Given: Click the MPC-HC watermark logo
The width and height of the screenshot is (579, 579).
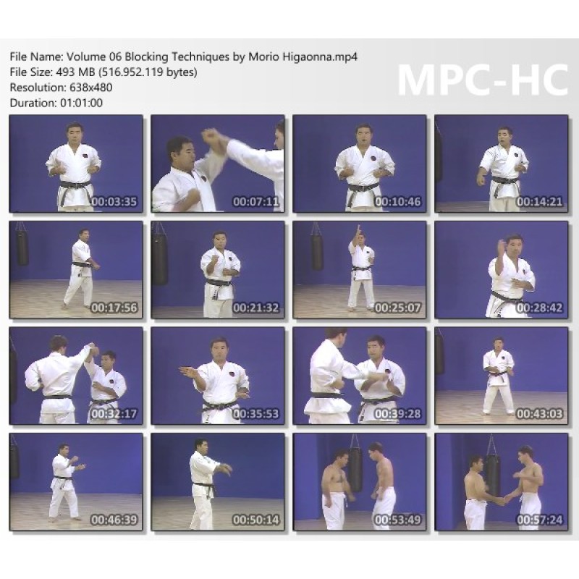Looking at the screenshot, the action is coord(483,80).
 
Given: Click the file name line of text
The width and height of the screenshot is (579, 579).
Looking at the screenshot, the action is coord(184,57).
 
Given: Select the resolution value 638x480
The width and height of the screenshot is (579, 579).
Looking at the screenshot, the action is coord(91,88).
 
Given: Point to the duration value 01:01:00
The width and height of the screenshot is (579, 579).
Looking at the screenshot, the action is coord(81,103).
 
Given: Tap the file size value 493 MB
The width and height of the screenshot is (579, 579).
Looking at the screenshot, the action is coord(75,72).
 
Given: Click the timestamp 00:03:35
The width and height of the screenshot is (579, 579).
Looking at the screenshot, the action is coord(114,202).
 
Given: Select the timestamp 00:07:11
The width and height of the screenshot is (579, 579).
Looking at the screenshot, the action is coord(256,202).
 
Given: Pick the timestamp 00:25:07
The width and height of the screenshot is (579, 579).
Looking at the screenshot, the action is coord(397,308).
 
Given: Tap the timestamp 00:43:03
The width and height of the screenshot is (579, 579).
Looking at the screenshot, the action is coord(539,413).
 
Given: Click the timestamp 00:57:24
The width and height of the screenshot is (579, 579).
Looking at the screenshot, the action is coord(539,520).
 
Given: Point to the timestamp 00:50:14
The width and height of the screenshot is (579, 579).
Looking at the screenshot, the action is coord(256,520).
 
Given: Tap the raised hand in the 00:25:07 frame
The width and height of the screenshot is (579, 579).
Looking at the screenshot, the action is coord(358,231).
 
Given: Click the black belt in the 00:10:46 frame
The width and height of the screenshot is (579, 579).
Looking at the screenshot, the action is coord(363,190).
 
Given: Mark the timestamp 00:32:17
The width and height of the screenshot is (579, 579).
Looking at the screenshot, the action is coord(114,413).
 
